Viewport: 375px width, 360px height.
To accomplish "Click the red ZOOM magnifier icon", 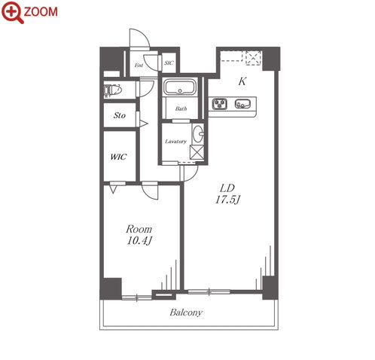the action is tap(12, 12).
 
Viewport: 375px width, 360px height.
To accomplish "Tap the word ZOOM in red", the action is tap(41, 12).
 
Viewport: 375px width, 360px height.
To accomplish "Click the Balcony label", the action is tap(186, 313).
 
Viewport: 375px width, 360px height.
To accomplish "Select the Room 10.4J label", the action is tap(139, 235).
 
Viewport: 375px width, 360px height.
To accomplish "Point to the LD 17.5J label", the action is tap(227, 194).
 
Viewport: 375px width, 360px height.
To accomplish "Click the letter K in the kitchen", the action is tap(242, 81).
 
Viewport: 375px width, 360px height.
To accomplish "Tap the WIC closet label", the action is tap(118, 157).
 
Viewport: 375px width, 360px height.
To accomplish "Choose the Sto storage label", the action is tap(119, 115).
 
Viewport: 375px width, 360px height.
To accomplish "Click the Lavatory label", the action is tap(175, 142).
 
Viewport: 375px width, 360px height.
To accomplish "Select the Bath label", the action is tap(181, 108).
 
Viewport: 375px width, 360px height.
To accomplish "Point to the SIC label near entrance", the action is tap(169, 63).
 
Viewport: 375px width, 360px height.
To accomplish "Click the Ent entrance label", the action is tap(139, 66).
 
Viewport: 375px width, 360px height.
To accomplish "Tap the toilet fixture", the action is tap(113, 90).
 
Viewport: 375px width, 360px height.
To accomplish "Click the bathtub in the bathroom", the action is tap(180, 87).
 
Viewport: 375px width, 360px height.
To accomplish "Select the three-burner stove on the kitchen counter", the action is tap(220, 104).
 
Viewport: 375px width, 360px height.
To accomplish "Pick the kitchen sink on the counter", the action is tap(242, 104).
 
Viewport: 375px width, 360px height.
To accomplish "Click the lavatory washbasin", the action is tap(198, 134).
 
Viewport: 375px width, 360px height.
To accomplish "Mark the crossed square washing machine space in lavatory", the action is tap(197, 152).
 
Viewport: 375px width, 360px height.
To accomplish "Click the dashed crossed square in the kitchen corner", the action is tap(253, 58).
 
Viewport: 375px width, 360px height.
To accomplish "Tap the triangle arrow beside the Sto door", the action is tap(144, 124).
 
